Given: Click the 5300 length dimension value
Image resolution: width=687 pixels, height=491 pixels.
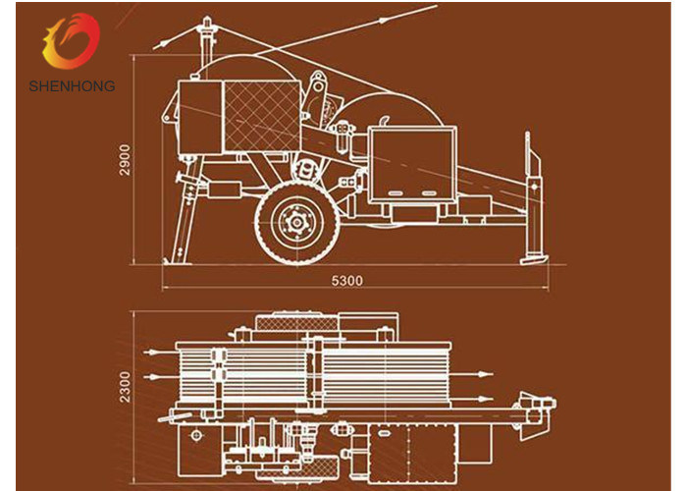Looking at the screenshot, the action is pos(347,280).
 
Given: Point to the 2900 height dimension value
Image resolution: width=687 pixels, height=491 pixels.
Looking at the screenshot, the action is pos(126,159).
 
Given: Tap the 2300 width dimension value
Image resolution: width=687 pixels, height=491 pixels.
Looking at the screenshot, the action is pos(126,387).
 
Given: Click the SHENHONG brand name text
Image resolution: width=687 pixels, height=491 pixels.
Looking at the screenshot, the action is pos(72,85).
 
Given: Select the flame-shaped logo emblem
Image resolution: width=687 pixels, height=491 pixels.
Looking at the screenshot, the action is pos(71,41).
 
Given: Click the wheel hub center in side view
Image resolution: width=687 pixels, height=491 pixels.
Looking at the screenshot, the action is pos(297,223).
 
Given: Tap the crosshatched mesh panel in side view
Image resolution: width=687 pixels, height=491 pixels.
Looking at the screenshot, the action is pos(262,116).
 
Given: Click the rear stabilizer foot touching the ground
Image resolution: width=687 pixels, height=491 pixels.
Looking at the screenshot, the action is pos(534,258).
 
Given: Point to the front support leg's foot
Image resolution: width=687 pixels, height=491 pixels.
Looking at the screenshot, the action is pos(170,261).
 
